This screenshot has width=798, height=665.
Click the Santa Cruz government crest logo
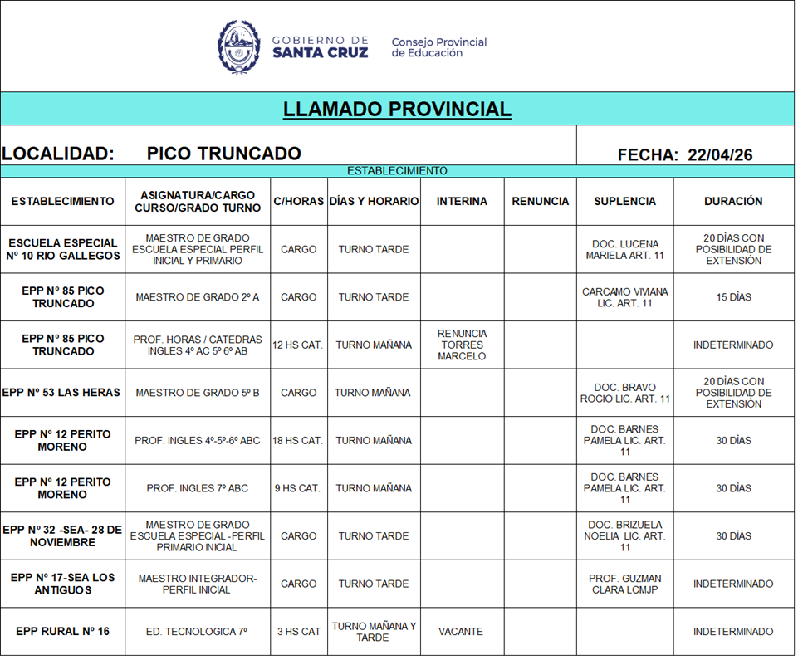pos(239,46)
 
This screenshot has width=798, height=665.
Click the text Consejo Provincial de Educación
pos(438,47)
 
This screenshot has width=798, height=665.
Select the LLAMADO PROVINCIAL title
pos(397,110)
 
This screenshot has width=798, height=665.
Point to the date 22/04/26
pos(720,154)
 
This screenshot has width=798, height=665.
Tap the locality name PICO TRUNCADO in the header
pos(223,154)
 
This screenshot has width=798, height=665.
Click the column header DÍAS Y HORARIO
pos(374,201)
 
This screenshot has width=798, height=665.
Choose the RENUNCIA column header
pos(541,201)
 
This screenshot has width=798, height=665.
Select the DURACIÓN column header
pos(733,201)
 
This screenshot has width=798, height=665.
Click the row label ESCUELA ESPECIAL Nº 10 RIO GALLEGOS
pos(63,249)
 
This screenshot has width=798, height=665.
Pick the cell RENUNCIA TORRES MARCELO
pos(463,345)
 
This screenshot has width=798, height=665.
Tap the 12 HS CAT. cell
pos(298,345)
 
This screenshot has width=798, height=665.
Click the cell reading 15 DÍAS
pos(733,297)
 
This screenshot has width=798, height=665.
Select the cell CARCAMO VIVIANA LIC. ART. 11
pos(625,297)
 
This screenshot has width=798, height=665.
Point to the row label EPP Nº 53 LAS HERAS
pos(62,393)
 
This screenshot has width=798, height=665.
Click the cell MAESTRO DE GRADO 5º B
pos(198,393)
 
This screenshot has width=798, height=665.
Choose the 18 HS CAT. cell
pos(298,441)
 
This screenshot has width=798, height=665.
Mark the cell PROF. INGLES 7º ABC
pos(198,488)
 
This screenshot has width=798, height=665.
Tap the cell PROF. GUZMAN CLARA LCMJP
pos(625,584)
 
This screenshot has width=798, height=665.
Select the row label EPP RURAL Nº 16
pos(62,632)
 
